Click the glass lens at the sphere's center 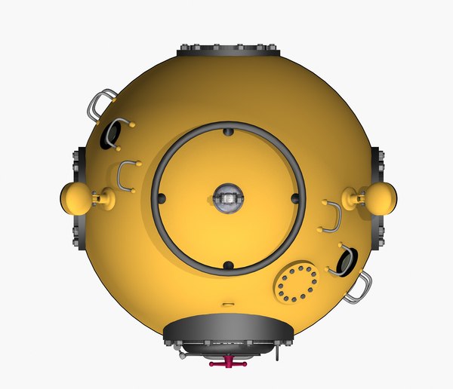(x=228, y=198)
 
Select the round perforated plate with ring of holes (x=297, y=283)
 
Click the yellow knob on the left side (x=75, y=198)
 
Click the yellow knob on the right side (x=380, y=198)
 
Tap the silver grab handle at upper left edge (x=101, y=104)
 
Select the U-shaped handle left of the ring (x=126, y=176)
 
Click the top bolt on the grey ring (x=228, y=133)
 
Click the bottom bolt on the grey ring (x=228, y=265)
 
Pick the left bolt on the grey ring (x=162, y=198)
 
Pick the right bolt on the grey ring (x=294, y=198)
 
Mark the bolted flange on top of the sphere (x=229, y=51)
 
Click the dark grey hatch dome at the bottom (x=228, y=329)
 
